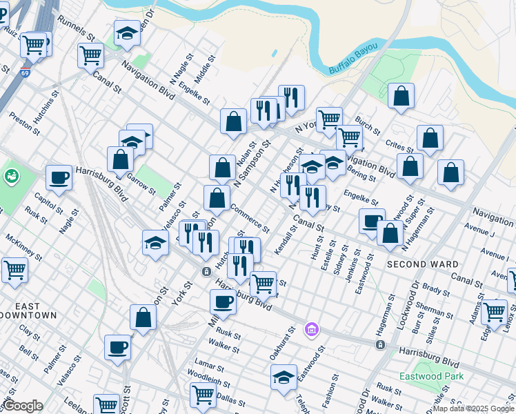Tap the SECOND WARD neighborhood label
(x=422, y=264)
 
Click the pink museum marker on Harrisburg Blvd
(x=312, y=329)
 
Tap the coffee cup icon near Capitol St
(x=59, y=177)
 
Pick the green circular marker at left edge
(x=11, y=176)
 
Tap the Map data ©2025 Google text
(x=473, y=408)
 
